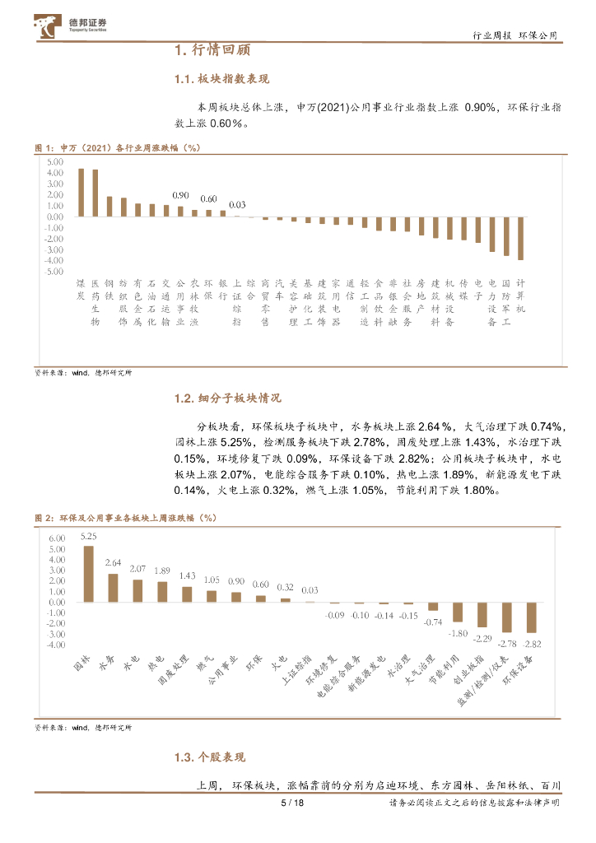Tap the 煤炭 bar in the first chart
point(81,193)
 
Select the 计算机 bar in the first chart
point(520,239)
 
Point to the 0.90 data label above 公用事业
point(180,196)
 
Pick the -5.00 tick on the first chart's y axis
point(54,271)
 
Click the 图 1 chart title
point(118,147)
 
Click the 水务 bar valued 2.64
point(114,588)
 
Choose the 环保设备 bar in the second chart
point(532,617)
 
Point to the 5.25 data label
point(88,537)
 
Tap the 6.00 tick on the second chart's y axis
point(56,538)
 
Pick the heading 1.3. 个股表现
point(210,757)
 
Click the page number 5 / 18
point(292,803)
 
